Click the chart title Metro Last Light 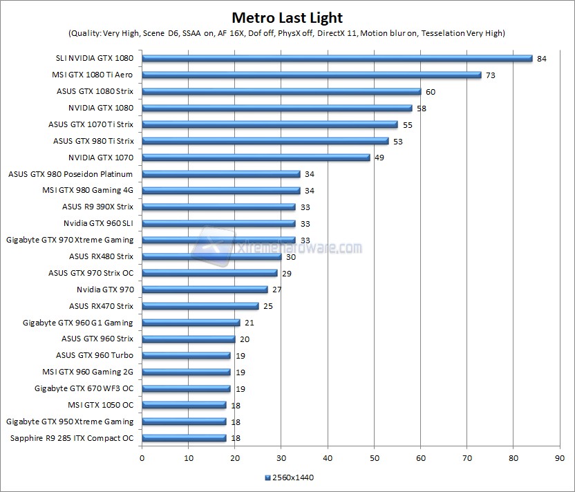pyautogui.click(x=287, y=17)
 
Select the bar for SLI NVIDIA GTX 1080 pyautogui.click(x=337, y=58)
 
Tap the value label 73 pyautogui.click(x=491, y=75)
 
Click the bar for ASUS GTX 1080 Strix pyautogui.click(x=281, y=91)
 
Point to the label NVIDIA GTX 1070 pyautogui.click(x=100, y=158)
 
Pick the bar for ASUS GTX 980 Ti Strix pyautogui.click(x=265, y=141)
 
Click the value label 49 pyautogui.click(x=379, y=158)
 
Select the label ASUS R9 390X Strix pyautogui.click(x=97, y=207)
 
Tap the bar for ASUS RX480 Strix pyautogui.click(x=211, y=256)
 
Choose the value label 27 pyautogui.click(x=277, y=290)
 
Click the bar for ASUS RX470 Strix pyautogui.click(x=200, y=306)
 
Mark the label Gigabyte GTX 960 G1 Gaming pyautogui.click(x=78, y=323)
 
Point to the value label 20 pyautogui.click(x=245, y=339)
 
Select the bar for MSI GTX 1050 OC pyautogui.click(x=184, y=405)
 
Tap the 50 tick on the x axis pyautogui.click(x=374, y=457)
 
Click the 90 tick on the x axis pyautogui.click(x=560, y=457)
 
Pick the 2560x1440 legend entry pyautogui.click(x=290, y=477)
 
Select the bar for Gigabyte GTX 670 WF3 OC pyautogui.click(x=186, y=388)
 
